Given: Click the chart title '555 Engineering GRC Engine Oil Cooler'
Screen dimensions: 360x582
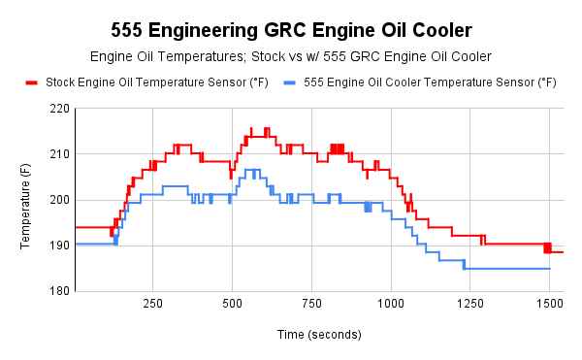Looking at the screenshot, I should pyautogui.click(x=291, y=30).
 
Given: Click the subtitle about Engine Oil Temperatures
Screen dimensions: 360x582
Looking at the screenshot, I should pyautogui.click(x=291, y=57).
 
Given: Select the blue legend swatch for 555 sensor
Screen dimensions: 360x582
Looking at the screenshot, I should pyautogui.click(x=289, y=83).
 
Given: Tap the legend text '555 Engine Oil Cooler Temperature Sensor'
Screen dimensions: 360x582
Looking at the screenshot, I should pyautogui.click(x=430, y=83).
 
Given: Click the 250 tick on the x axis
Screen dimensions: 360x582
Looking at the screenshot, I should pyautogui.click(x=152, y=304).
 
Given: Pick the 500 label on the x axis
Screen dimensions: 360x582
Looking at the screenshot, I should pyautogui.click(x=232, y=304).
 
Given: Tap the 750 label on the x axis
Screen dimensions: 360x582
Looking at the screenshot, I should pyautogui.click(x=311, y=304).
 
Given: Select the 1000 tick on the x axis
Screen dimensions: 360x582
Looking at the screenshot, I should pyautogui.click(x=391, y=304).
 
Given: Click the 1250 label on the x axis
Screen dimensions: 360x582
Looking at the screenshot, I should pyautogui.click(x=470, y=304).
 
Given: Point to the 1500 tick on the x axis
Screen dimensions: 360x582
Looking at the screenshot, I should pyautogui.click(x=549, y=304).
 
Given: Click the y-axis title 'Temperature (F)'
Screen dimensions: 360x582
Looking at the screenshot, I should pyautogui.click(x=26, y=200).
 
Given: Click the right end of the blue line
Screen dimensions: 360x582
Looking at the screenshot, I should pyautogui.click(x=550, y=269).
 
